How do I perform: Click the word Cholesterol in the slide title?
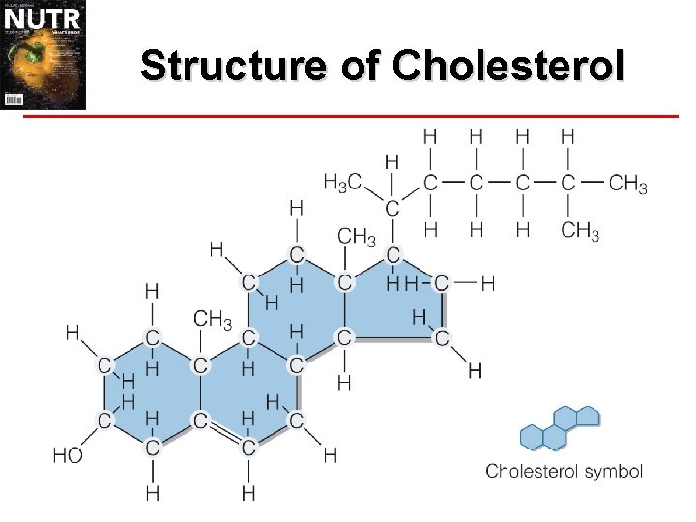click(509, 66)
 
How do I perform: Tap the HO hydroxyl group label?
click(68, 454)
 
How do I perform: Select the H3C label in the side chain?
click(343, 181)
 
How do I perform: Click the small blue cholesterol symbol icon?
click(560, 428)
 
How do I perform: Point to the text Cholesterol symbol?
click(564, 472)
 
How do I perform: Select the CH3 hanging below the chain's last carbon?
click(580, 231)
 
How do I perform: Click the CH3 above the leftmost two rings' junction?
click(213, 318)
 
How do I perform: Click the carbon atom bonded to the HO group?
click(103, 420)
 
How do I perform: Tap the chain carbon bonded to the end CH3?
click(567, 181)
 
